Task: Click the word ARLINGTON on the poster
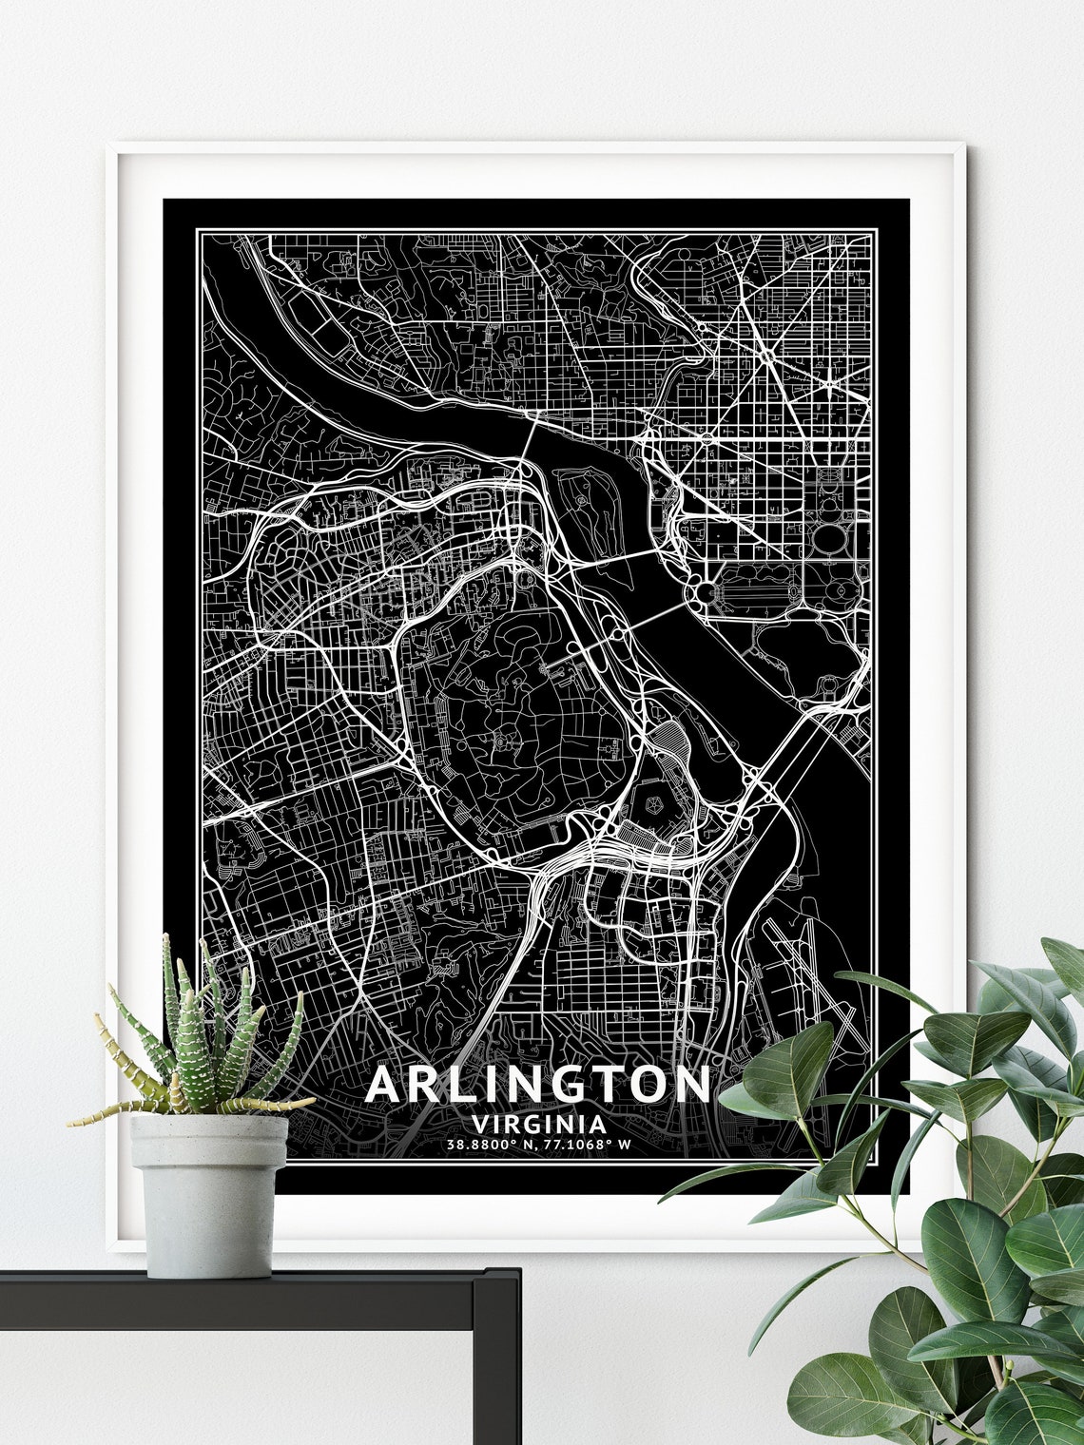pyautogui.click(x=538, y=1084)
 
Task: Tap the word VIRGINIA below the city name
pyautogui.click(x=538, y=1123)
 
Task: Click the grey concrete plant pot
pyautogui.click(x=209, y=1193)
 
